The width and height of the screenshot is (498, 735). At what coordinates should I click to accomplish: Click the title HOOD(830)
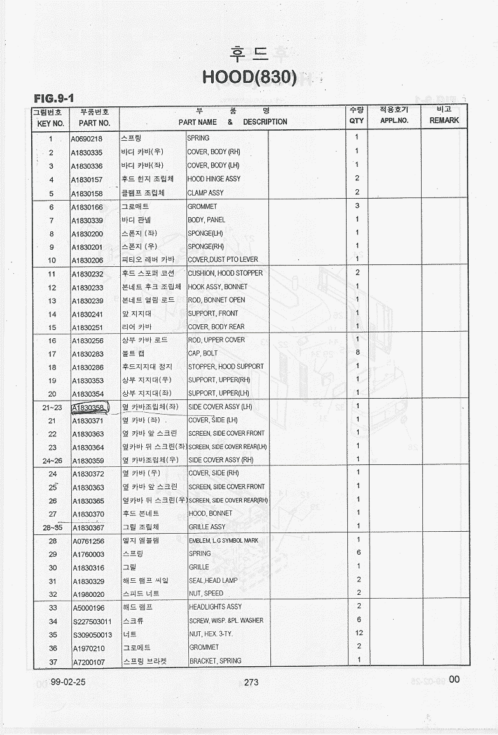coord(249,77)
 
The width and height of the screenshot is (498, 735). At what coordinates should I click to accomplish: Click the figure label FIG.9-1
coord(54,98)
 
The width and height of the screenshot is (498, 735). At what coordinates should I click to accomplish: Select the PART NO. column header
coord(95,122)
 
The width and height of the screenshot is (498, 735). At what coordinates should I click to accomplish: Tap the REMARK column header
coord(444,120)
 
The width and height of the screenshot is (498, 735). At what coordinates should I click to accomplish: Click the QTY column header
coord(357,121)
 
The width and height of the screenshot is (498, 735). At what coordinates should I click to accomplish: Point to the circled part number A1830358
coord(88,408)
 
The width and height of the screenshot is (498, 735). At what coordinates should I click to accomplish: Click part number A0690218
coord(87,138)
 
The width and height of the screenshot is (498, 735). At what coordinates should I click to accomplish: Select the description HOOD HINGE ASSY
coord(214,179)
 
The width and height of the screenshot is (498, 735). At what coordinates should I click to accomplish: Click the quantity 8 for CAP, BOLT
coord(357,352)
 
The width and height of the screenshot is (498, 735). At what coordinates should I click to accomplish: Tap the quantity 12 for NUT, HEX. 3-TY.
coord(359,633)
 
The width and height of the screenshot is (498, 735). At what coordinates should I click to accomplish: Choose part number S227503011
coord(92,621)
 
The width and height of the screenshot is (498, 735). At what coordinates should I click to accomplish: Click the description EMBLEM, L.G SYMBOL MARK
coord(223,540)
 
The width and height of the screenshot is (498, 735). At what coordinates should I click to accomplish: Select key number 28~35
coord(52,527)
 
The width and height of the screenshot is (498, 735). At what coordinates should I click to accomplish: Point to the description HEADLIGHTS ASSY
coord(215,607)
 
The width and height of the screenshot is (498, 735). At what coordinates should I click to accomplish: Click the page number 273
coord(251,682)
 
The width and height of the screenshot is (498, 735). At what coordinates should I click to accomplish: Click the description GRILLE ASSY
coord(207,527)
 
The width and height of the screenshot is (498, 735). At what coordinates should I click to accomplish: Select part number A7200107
coord(88,662)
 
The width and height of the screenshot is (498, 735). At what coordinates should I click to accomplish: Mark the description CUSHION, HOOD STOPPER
coord(225,273)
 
